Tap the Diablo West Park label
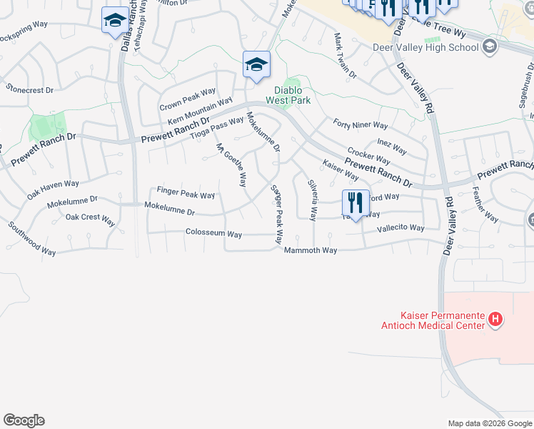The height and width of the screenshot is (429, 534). pyautogui.click(x=288, y=96)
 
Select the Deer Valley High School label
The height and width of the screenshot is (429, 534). pyautogui.click(x=425, y=48)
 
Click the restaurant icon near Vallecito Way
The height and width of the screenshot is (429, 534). pyautogui.click(x=355, y=202)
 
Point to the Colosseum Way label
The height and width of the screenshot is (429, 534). pyautogui.click(x=213, y=234)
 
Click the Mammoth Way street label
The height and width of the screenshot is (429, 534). pyautogui.click(x=310, y=250)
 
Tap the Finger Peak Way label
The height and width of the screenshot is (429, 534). pyautogui.click(x=186, y=194)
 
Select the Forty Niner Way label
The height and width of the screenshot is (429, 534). pyautogui.click(x=360, y=124)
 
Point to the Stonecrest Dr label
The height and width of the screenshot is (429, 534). pyautogui.click(x=29, y=90)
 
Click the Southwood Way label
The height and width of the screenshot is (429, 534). pyautogui.click(x=31, y=238)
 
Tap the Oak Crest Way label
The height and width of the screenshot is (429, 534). pyautogui.click(x=90, y=217)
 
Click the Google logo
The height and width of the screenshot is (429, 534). pyautogui.click(x=24, y=420)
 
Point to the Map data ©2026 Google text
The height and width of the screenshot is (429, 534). pyautogui.click(x=489, y=423)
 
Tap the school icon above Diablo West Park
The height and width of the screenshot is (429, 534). pyautogui.click(x=256, y=65)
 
